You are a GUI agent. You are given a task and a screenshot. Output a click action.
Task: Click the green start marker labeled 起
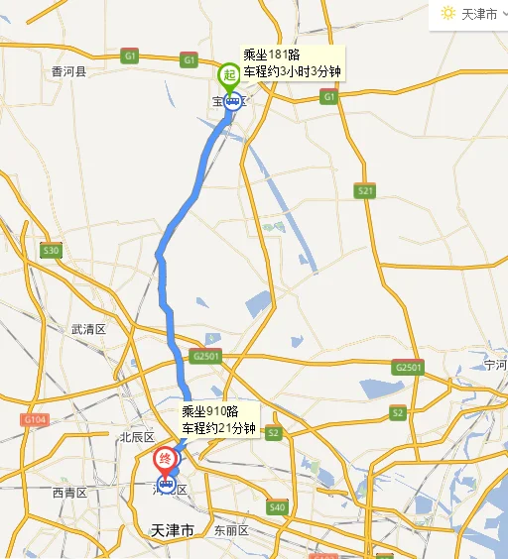(x=229, y=75)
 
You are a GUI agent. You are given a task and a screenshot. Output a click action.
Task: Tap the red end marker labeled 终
(x=166, y=459)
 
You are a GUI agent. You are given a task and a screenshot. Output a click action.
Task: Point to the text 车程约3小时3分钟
(x=294, y=71)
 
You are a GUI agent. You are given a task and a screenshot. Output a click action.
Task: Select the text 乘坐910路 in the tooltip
(x=210, y=411)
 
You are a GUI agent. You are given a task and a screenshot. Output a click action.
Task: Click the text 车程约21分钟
(x=218, y=428)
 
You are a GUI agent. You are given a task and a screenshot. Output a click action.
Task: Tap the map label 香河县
(x=69, y=71)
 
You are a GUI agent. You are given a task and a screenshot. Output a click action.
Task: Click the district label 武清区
(x=87, y=329)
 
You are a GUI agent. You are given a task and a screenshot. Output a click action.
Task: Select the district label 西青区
(x=70, y=493)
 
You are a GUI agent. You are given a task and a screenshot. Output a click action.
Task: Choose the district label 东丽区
(x=230, y=530)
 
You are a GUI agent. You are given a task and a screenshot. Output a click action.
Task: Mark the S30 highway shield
(x=51, y=251)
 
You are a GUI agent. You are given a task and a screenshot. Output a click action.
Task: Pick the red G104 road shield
(x=34, y=420)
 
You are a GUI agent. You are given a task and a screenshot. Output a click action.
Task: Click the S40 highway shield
(x=277, y=507)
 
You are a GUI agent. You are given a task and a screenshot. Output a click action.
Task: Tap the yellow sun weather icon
(x=448, y=13)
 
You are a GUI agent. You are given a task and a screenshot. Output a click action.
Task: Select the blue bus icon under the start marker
(x=232, y=99)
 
